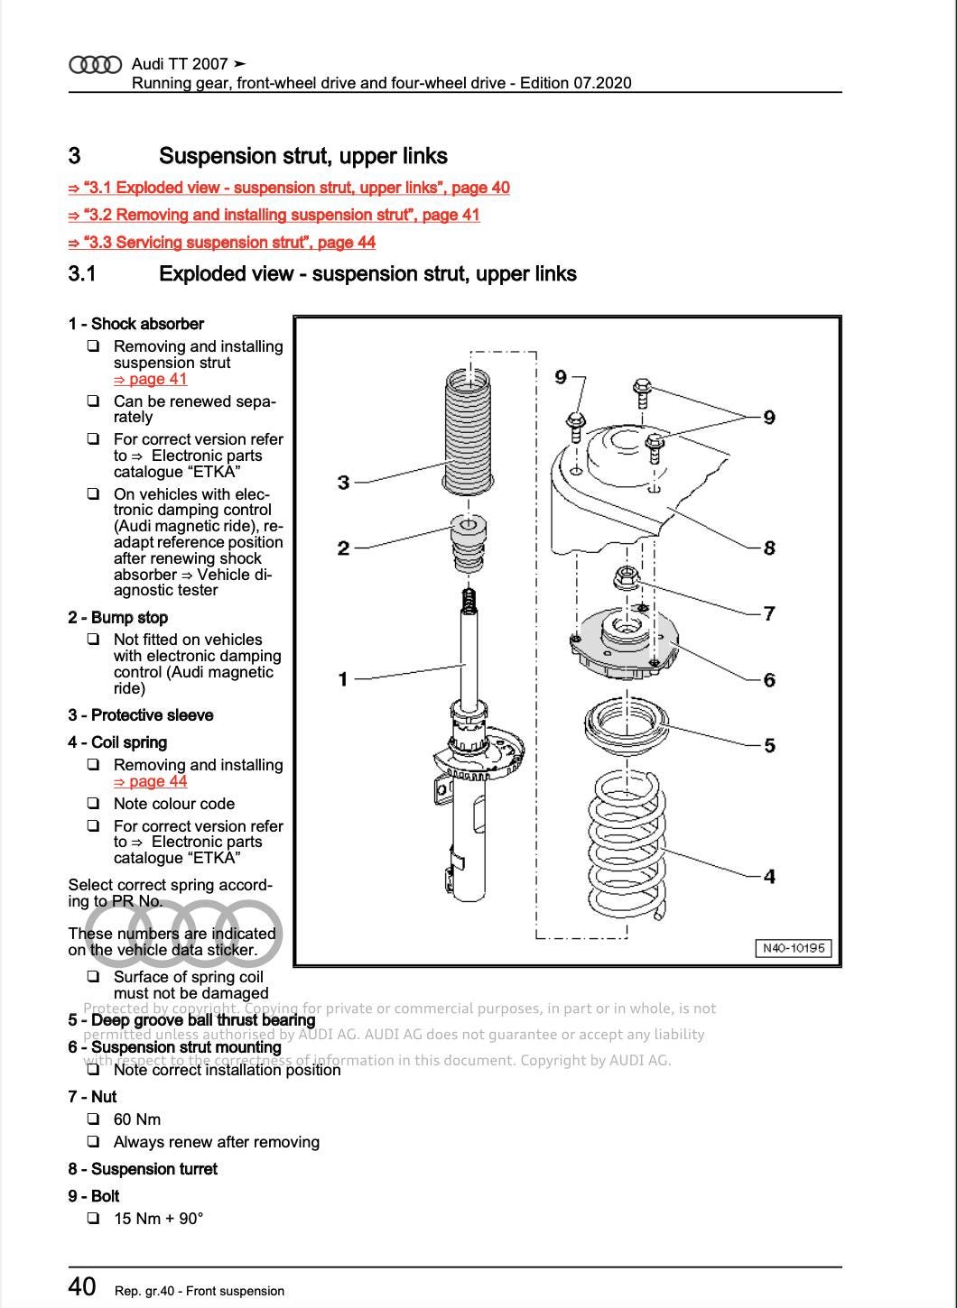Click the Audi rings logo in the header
[95, 64]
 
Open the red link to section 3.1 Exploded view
[289, 188]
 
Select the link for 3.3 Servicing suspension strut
[222, 242]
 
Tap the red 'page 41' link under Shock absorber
[150, 379]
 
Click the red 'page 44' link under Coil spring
[150, 781]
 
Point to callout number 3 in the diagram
[343, 483]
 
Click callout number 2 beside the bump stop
[343, 548]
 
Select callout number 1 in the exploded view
[343, 678]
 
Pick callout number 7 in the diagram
[769, 613]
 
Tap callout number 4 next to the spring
[769, 876]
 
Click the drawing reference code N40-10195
[793, 948]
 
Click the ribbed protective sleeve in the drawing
[469, 433]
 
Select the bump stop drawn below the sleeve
[467, 544]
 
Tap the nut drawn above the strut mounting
[625, 577]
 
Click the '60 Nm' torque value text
[137, 1119]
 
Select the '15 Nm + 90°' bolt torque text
[158, 1219]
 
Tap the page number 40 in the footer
[82, 1286]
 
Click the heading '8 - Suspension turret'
[143, 1169]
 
